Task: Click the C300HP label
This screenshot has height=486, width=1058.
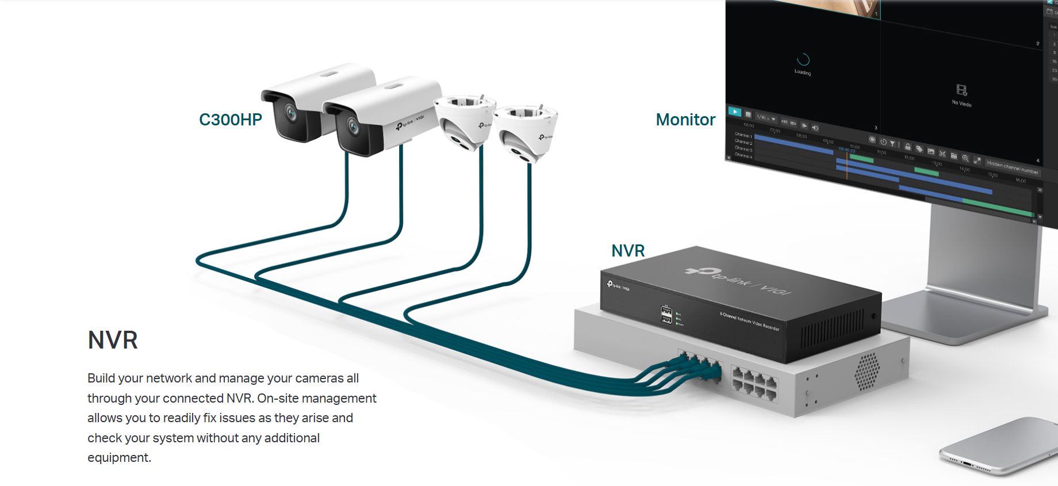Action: pyautogui.click(x=230, y=120)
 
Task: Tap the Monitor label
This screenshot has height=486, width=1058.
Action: pyautogui.click(x=685, y=120)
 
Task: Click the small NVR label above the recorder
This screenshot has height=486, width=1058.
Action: pyautogui.click(x=628, y=251)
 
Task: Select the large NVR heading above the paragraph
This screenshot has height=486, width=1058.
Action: pyautogui.click(x=113, y=340)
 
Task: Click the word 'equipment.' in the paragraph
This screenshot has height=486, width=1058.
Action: pyautogui.click(x=119, y=458)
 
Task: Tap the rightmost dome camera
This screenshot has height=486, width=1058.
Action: pyautogui.click(x=525, y=133)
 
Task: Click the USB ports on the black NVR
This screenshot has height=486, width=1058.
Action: pyautogui.click(x=666, y=315)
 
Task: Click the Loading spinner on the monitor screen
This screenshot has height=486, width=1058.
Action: pyautogui.click(x=803, y=60)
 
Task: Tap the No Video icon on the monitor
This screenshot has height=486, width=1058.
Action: pyautogui.click(x=961, y=90)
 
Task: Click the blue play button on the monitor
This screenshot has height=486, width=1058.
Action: pyautogui.click(x=735, y=112)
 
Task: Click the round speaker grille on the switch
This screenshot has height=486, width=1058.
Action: pyautogui.click(x=867, y=371)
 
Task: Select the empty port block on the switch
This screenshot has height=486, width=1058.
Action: pyautogui.click(x=754, y=382)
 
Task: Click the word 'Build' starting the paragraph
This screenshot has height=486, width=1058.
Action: pyautogui.click(x=101, y=378)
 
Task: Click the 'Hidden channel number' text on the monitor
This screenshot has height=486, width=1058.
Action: pyautogui.click(x=1012, y=167)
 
